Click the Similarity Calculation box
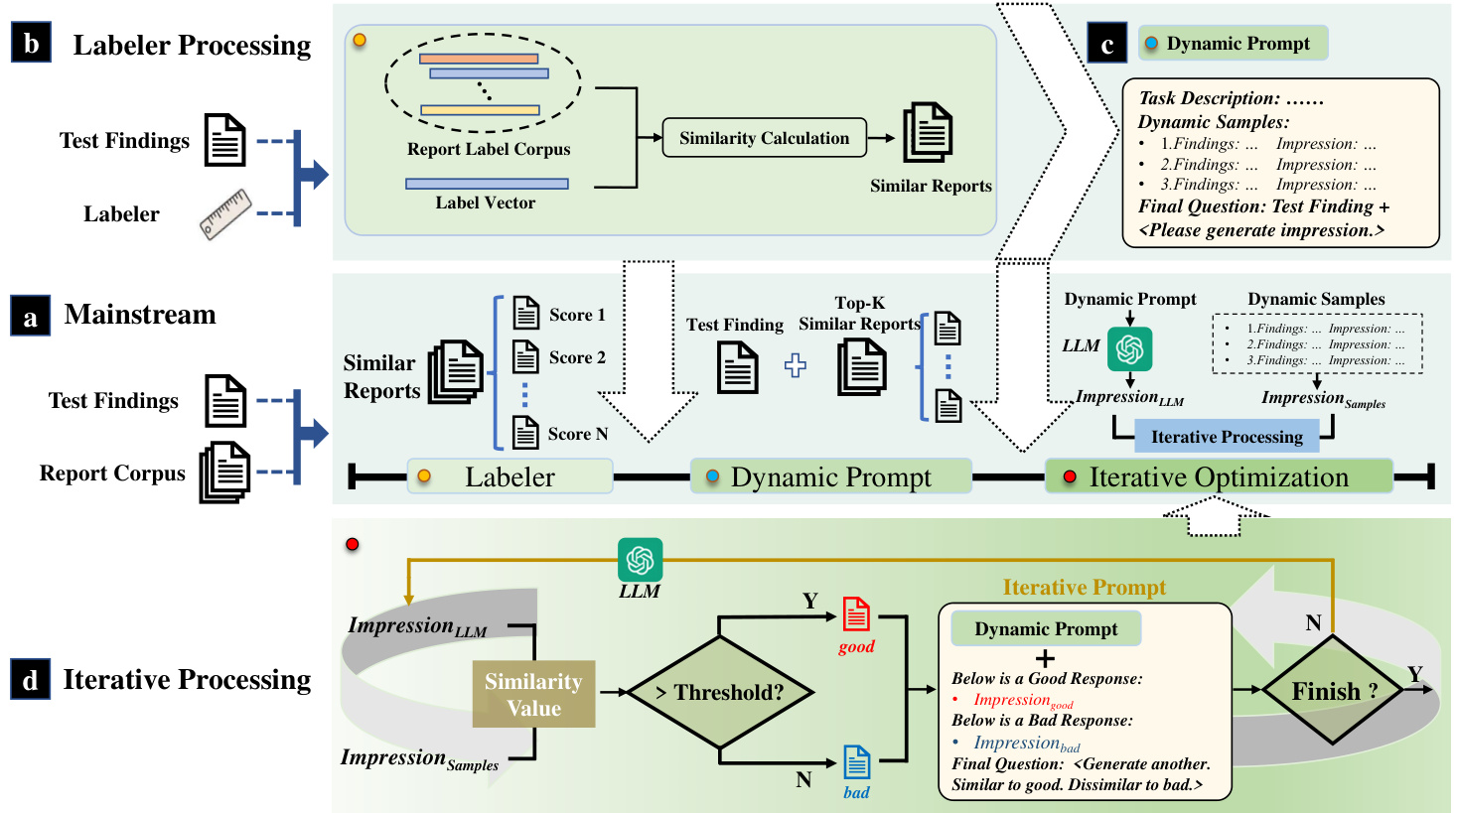pyautogui.click(x=764, y=138)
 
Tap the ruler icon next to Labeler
pyautogui.click(x=225, y=214)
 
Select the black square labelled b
pyautogui.click(x=31, y=44)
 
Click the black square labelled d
pyautogui.click(x=31, y=680)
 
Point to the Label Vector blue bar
pyautogui.click(x=487, y=184)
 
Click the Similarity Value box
pyautogui.click(x=533, y=694)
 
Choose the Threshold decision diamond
pyautogui.click(x=719, y=692)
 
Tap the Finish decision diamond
pyautogui.click(x=1333, y=691)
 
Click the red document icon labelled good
pyautogui.click(x=856, y=614)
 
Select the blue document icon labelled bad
pyautogui.click(x=856, y=762)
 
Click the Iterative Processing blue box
pyautogui.click(x=1226, y=437)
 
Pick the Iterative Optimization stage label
pyautogui.click(x=1219, y=476)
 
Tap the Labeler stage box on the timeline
pyautogui.click(x=510, y=476)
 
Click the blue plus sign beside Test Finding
pyautogui.click(x=795, y=365)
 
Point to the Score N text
pyautogui.click(x=577, y=434)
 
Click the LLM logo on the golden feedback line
pyautogui.click(x=640, y=560)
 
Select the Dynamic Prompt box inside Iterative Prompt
pyautogui.click(x=1046, y=628)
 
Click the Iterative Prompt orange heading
pyautogui.click(x=1084, y=588)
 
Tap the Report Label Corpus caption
pyautogui.click(x=489, y=149)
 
